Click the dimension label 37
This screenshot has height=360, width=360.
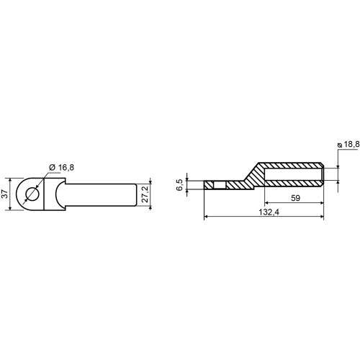click(x=5, y=194)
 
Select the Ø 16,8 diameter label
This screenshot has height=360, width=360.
click(x=61, y=168)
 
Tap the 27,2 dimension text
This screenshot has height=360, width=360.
click(x=145, y=194)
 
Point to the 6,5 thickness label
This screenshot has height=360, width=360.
click(x=180, y=185)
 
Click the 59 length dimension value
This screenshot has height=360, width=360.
click(x=295, y=198)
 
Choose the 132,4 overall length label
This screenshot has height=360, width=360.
click(x=269, y=212)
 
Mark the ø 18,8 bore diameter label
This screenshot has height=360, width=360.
click(x=348, y=145)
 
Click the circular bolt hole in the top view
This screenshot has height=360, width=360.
click(x=32, y=194)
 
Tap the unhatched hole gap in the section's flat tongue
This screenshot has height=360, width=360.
click(x=220, y=185)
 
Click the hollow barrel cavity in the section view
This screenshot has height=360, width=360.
click(x=294, y=174)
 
